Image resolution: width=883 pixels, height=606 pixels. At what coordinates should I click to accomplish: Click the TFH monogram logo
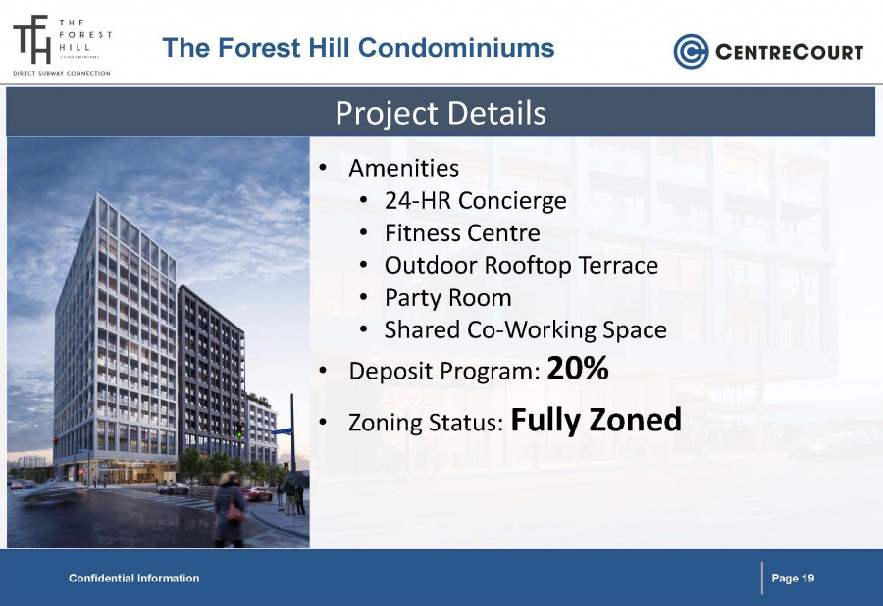(x=32, y=39)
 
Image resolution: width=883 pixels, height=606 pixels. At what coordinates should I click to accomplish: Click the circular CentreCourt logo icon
(x=691, y=52)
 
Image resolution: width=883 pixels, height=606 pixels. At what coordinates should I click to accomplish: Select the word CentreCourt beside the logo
(x=790, y=52)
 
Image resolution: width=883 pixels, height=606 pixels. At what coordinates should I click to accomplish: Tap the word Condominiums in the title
(x=456, y=48)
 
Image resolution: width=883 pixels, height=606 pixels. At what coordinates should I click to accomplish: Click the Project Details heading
(x=441, y=113)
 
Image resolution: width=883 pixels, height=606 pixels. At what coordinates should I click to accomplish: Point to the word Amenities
(x=404, y=169)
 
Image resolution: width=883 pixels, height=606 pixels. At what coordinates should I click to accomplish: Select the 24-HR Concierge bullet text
(x=475, y=201)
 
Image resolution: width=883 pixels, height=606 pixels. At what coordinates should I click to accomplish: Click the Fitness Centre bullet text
(x=462, y=233)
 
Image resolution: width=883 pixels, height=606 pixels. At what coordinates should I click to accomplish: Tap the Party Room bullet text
(x=447, y=298)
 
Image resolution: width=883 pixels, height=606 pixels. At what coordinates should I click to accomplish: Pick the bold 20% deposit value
(x=578, y=369)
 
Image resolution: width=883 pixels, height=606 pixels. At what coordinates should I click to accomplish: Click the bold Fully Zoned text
(x=597, y=421)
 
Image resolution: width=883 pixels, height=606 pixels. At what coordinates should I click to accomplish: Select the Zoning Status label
(x=426, y=423)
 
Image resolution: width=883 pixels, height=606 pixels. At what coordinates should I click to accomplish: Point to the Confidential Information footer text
(x=134, y=578)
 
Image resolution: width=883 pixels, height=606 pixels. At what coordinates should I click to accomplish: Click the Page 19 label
(x=793, y=578)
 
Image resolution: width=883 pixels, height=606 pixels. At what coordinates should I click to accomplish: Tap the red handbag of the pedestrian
(x=235, y=512)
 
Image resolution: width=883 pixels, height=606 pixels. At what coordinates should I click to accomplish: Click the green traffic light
(x=239, y=433)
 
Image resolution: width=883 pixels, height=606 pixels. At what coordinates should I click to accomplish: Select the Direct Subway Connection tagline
(x=62, y=74)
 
